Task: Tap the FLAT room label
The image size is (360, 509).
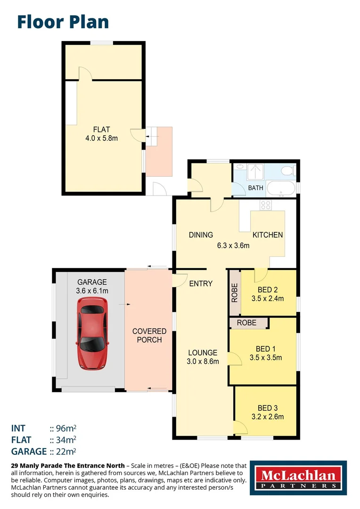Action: click(102, 129)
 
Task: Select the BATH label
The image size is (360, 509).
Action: click(255, 188)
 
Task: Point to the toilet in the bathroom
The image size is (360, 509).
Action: click(286, 171)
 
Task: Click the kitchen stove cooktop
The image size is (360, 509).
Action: click(266, 205)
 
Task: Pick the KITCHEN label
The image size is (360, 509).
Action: click(268, 235)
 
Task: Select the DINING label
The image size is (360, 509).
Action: click(201, 235)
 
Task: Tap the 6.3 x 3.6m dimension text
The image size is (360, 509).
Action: click(232, 246)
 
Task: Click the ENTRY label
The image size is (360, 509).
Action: click(201, 284)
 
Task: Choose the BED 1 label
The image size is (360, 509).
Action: click(266, 349)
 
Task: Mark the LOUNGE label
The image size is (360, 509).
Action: click(203, 353)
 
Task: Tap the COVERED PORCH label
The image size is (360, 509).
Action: click(149, 336)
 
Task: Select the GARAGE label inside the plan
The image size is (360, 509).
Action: click(92, 282)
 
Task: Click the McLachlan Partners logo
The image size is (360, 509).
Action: click(298, 478)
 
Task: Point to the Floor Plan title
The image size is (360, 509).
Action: click(63, 22)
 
